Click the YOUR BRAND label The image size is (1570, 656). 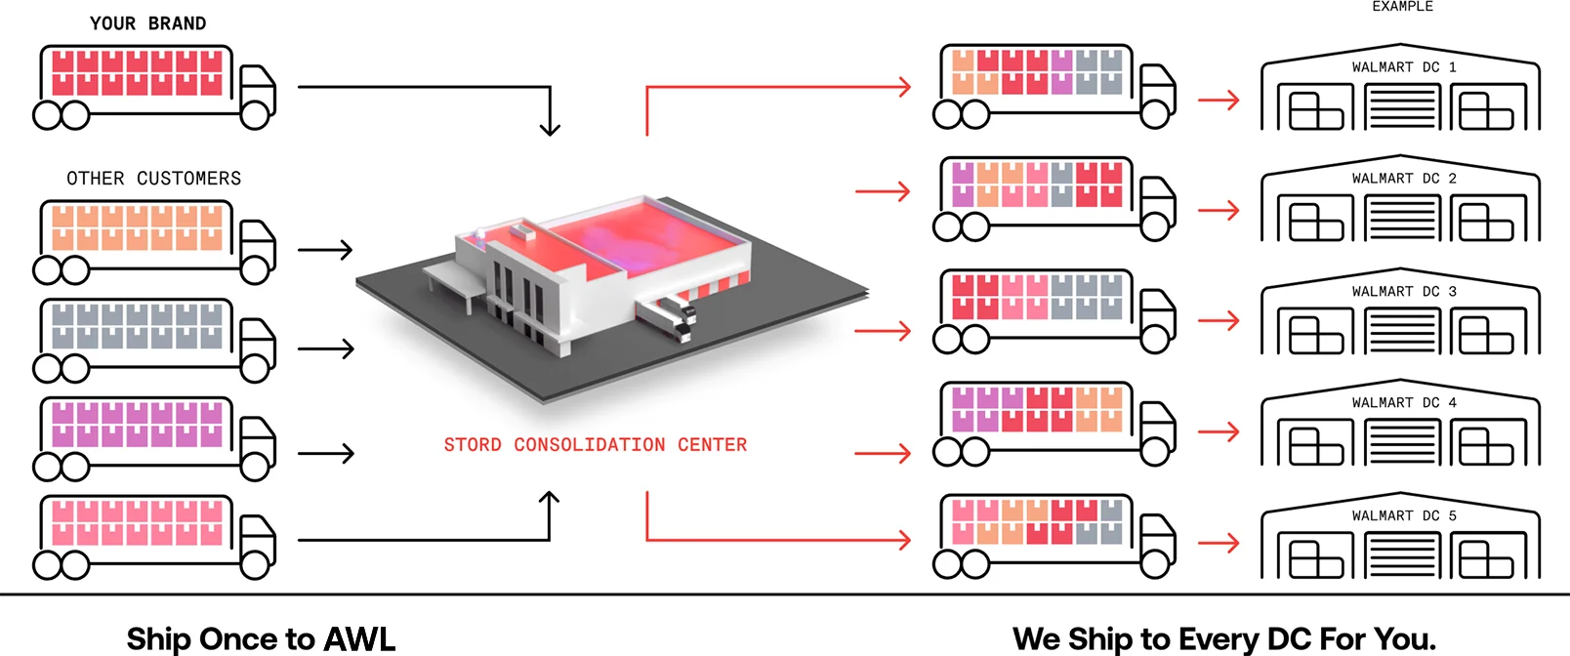tap(147, 23)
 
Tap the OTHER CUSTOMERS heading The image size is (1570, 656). tap(153, 179)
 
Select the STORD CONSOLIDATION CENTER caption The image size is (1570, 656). tap(595, 445)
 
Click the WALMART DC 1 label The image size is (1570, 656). tap(1403, 67)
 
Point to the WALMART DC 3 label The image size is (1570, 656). tap(1403, 292)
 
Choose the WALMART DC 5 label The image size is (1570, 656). tap(1403, 515)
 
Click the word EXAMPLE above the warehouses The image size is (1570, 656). tap(1402, 7)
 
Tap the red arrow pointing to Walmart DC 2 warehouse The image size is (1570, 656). tap(1219, 210)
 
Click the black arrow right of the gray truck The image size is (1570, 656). tap(325, 348)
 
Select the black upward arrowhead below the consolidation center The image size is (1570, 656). tap(550, 499)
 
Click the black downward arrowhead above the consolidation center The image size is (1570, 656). tap(550, 128)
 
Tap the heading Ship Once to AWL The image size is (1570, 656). tap(261, 638)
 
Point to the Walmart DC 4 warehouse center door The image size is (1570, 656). tap(1401, 444)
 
